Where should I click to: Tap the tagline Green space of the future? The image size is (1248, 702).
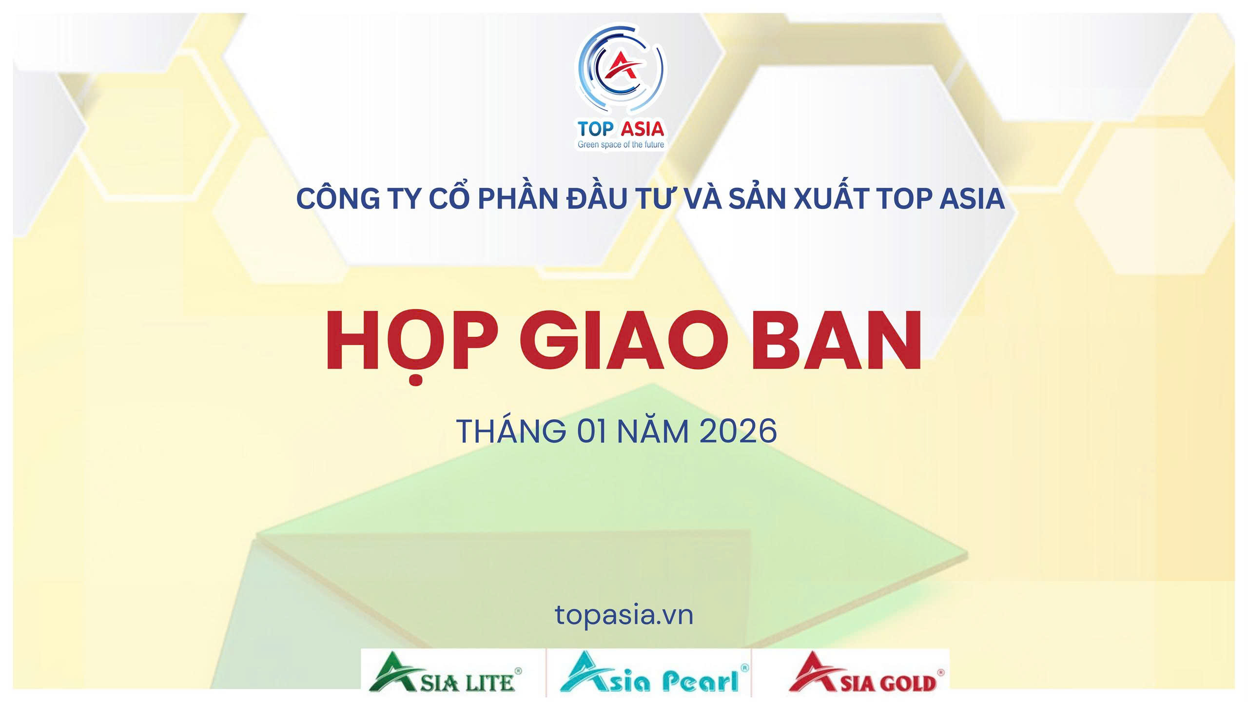coord(621,144)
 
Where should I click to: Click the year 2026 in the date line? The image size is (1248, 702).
coord(738,431)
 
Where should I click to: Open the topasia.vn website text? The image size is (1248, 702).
coord(624,615)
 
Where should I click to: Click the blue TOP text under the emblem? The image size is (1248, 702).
coord(595,129)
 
